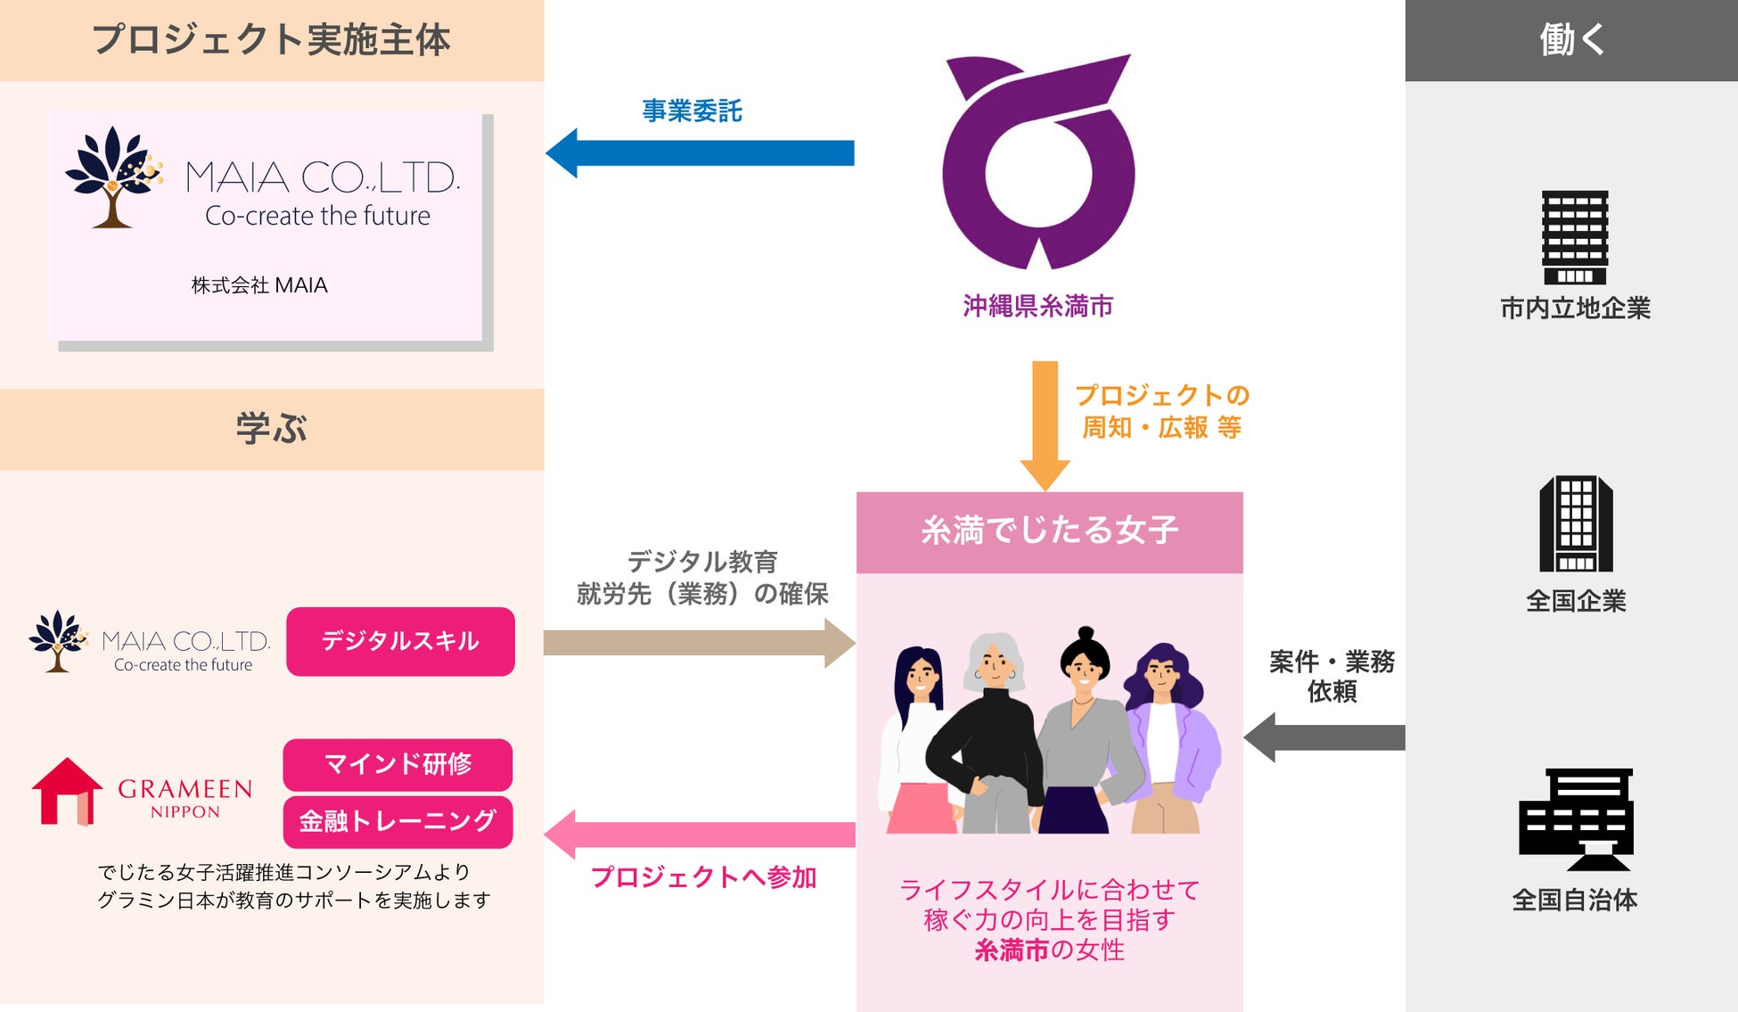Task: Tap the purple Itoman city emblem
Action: coord(1037,164)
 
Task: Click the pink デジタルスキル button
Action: coord(400,641)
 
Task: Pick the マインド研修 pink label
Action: coord(398,764)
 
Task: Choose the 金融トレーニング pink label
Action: coord(398,821)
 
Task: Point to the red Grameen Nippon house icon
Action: coord(66,791)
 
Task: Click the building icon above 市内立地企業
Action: coord(1575,237)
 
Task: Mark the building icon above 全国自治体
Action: coord(1576,819)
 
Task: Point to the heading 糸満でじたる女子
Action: coord(1049,531)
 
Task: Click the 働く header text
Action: coord(1571,40)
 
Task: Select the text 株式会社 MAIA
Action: coord(259,285)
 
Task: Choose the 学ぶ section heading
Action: coord(271,429)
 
